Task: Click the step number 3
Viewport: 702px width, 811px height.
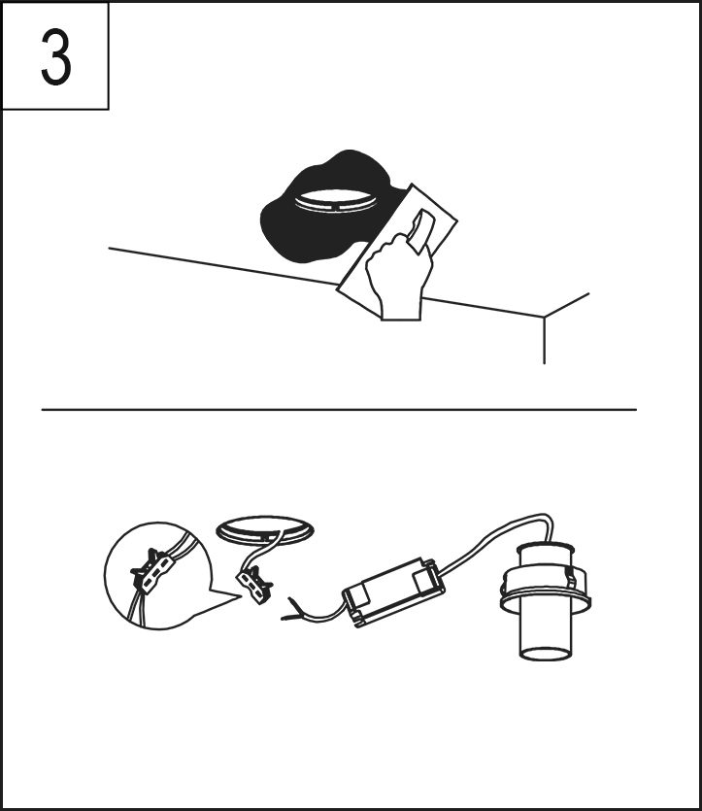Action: (55, 57)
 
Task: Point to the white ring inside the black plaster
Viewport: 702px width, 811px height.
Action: (336, 200)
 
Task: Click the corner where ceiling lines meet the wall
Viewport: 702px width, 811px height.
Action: (544, 317)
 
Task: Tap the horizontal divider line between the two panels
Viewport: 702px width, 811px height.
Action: (339, 410)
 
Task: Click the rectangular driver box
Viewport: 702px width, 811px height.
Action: (394, 591)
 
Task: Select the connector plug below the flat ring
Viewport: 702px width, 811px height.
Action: (254, 585)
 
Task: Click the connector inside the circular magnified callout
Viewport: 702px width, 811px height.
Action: (150, 571)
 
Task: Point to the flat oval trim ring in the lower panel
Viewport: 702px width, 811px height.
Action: (265, 529)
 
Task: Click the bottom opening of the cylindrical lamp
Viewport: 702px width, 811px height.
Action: (546, 653)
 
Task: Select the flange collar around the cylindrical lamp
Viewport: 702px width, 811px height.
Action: (546, 589)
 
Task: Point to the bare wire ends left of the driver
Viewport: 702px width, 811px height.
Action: (292, 609)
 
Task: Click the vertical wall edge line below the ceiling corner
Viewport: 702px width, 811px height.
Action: (544, 340)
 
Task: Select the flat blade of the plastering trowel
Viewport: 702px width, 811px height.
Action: (397, 253)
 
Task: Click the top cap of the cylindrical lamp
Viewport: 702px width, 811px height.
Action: (546, 547)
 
